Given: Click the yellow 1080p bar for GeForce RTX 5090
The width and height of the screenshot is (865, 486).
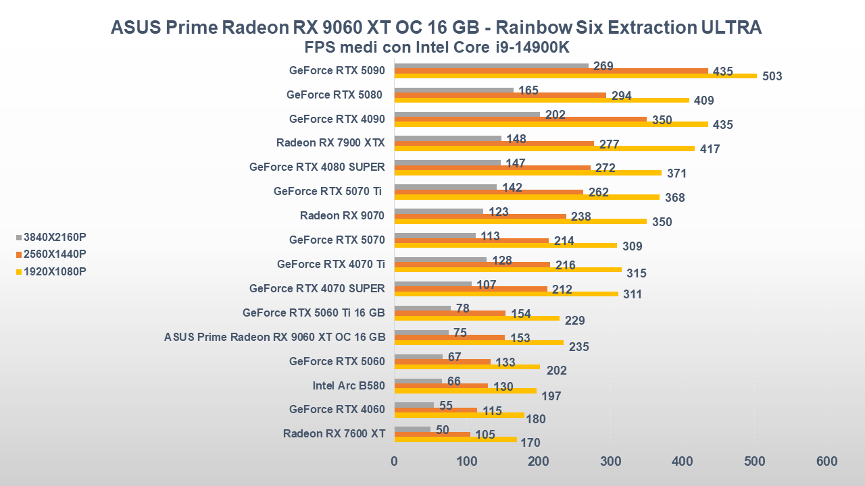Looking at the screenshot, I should click(574, 76).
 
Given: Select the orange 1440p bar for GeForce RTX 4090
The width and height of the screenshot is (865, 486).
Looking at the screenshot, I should click(520, 119).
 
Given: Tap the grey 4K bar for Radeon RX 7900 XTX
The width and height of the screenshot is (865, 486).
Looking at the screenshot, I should click(448, 138).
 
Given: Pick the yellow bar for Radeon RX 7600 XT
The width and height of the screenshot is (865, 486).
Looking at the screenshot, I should click(455, 439).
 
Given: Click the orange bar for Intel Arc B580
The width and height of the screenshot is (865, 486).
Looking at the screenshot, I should click(441, 386).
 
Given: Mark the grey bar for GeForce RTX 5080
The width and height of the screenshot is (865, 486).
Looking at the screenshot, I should click(454, 90).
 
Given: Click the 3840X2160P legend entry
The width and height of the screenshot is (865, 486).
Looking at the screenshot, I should click(54, 237).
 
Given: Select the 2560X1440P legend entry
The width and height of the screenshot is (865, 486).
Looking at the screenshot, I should click(54, 254).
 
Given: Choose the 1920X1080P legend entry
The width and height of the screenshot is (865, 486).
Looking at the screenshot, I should click(54, 272).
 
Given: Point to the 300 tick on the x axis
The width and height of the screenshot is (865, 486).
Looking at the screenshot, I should click(610, 462).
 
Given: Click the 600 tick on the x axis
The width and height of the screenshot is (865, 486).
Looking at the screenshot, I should click(826, 462).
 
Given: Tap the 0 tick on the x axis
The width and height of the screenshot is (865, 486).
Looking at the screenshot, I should click(395, 462).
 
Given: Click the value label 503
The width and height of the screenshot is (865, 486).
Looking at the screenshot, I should click(772, 76).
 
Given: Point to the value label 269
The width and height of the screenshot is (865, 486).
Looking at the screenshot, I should click(603, 66).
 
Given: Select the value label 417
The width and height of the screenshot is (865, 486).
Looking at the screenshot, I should click(710, 149).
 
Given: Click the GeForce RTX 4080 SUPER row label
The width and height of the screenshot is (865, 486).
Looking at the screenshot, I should click(317, 167).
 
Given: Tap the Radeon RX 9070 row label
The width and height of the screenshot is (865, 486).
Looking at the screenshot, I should click(342, 216).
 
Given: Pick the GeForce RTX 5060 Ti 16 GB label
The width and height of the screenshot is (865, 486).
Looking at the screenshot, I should click(314, 313).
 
